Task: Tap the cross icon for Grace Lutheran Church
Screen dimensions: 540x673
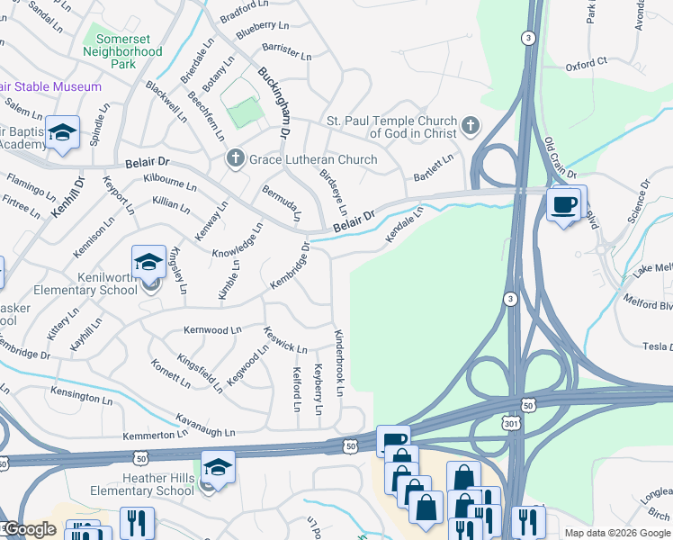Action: tap(236, 159)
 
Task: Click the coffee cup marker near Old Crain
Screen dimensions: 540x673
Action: tap(565, 205)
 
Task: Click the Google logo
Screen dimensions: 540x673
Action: tap(30, 529)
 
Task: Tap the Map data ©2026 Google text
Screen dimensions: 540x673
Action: tap(617, 533)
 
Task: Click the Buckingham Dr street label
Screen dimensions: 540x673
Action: tap(274, 103)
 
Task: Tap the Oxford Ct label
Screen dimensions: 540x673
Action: tap(587, 64)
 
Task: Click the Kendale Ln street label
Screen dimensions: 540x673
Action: tap(404, 225)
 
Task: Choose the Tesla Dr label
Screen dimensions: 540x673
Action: tap(656, 346)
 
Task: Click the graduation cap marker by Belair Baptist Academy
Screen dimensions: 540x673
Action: tap(62, 133)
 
